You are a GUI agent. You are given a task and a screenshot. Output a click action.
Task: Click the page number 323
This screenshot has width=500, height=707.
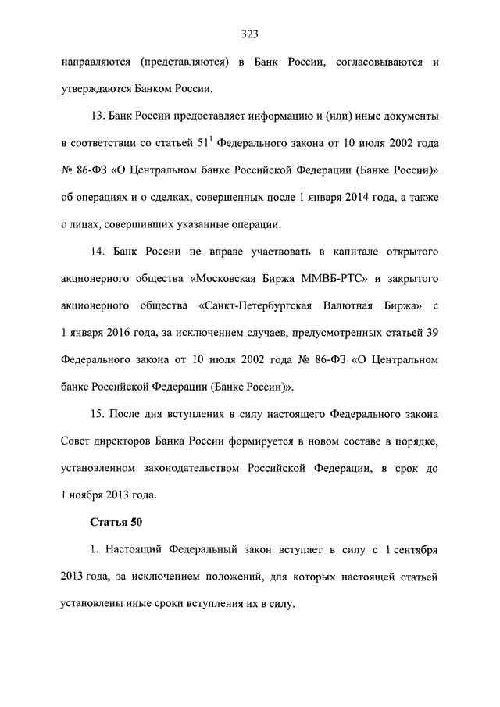click(x=249, y=34)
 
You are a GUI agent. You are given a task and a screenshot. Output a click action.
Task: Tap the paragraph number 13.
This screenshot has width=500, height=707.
click(x=98, y=116)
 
